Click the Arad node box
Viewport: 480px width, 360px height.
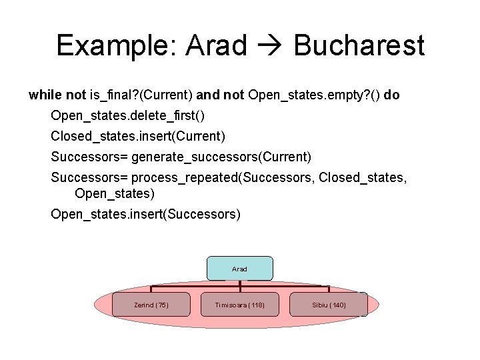click(x=239, y=268)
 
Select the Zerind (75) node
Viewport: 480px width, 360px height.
click(x=151, y=305)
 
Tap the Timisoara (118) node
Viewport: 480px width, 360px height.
click(x=239, y=305)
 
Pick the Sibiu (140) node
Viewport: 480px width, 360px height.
click(x=329, y=305)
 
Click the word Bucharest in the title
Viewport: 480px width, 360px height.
click(x=359, y=46)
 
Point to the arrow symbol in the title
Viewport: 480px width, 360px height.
click(x=270, y=46)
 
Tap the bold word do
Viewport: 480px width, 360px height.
click(x=392, y=95)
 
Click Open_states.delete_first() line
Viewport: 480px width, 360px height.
click(x=128, y=116)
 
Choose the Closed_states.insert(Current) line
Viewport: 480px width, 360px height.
click(x=139, y=137)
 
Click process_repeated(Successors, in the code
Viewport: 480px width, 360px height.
click(x=224, y=178)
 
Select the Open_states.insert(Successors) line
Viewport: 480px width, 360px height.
click(x=146, y=214)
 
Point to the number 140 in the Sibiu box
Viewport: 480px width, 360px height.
click(x=338, y=305)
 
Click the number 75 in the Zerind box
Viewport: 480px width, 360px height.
click(x=161, y=305)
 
